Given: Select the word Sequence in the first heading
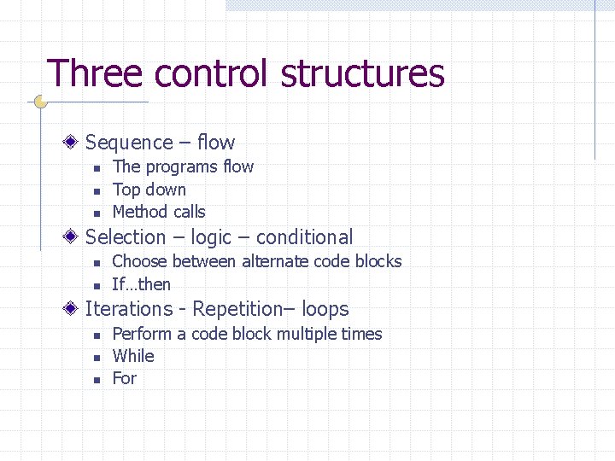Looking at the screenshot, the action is pos(129,143).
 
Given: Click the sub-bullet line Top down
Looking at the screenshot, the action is pos(149,190).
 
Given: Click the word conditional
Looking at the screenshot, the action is pos(304,237).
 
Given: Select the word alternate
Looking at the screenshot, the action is pos(278,261).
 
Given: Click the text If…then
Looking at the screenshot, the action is pos(142,284).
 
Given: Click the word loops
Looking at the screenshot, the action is pos(325,309).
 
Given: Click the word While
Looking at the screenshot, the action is pos(133,356).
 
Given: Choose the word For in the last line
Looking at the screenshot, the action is pos(125,378).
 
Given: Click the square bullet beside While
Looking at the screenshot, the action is pos(97,358).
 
